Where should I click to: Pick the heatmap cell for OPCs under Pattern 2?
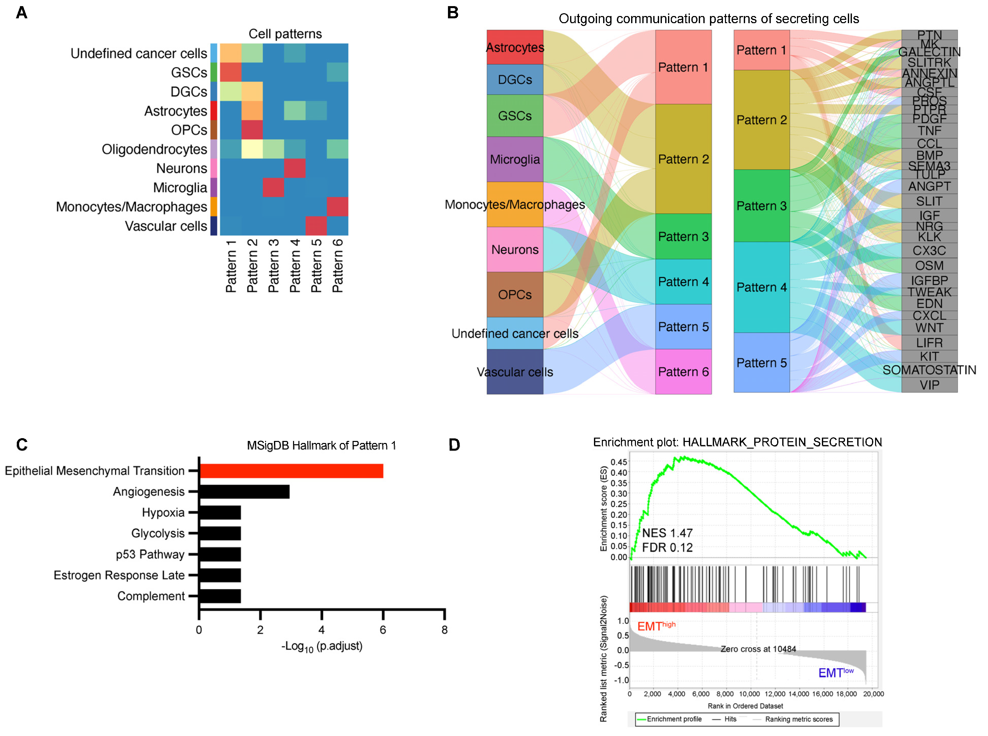click(x=252, y=130)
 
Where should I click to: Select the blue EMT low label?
click(x=835, y=672)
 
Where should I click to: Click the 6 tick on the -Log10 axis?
click(x=383, y=630)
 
